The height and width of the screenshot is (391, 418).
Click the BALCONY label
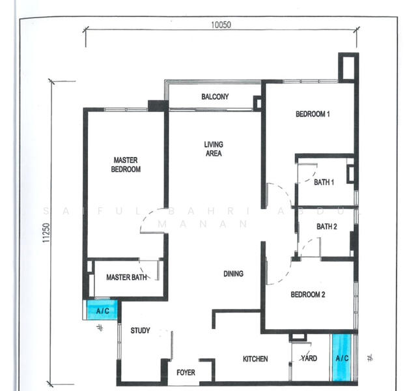(215, 97)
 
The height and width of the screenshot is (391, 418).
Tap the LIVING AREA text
(213, 149)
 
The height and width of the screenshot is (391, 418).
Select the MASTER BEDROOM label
(126, 164)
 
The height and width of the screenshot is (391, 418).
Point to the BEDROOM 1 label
(313, 114)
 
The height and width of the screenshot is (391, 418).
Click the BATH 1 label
(324, 182)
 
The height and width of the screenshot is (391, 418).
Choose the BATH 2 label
(326, 227)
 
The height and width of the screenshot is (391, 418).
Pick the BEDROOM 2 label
(307, 295)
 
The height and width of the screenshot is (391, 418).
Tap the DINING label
(233, 274)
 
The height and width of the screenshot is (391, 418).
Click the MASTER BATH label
(126, 277)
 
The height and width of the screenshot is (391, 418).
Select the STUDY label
(140, 330)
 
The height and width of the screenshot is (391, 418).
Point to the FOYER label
(186, 373)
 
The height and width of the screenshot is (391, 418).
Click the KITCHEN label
(255, 359)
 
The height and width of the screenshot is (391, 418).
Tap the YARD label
(309, 358)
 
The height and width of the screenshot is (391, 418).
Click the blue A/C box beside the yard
(342, 357)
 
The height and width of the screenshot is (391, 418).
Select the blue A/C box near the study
(103, 310)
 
